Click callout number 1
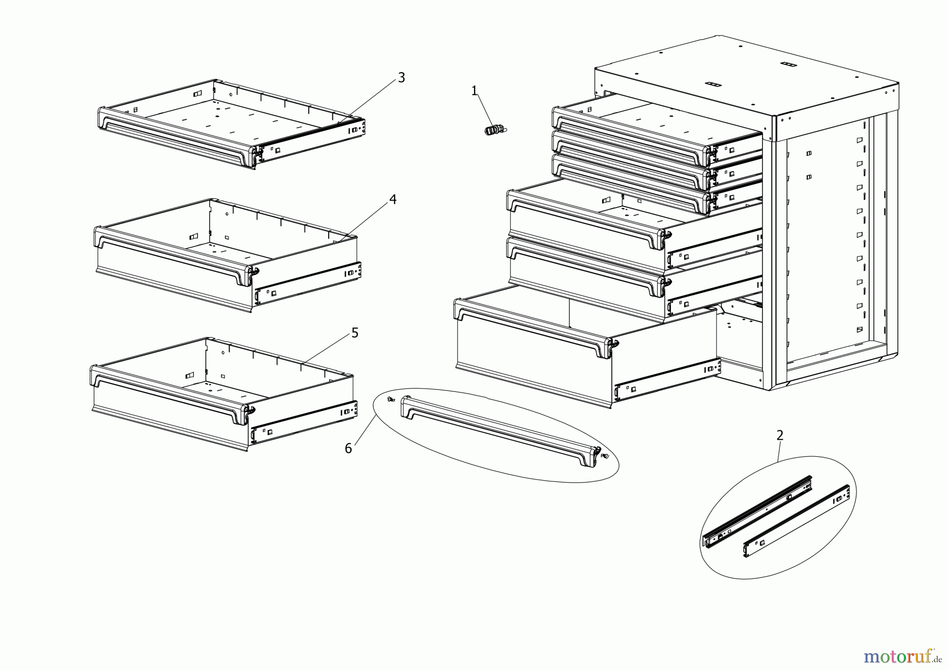pos(474,91)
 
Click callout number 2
pos(779,436)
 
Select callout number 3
pos(401,78)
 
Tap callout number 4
pos(392,200)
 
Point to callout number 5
pos(354,333)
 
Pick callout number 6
pos(348,449)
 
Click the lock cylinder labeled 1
pos(493,129)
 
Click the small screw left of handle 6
pos(390,399)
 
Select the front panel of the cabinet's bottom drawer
pos(532,363)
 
